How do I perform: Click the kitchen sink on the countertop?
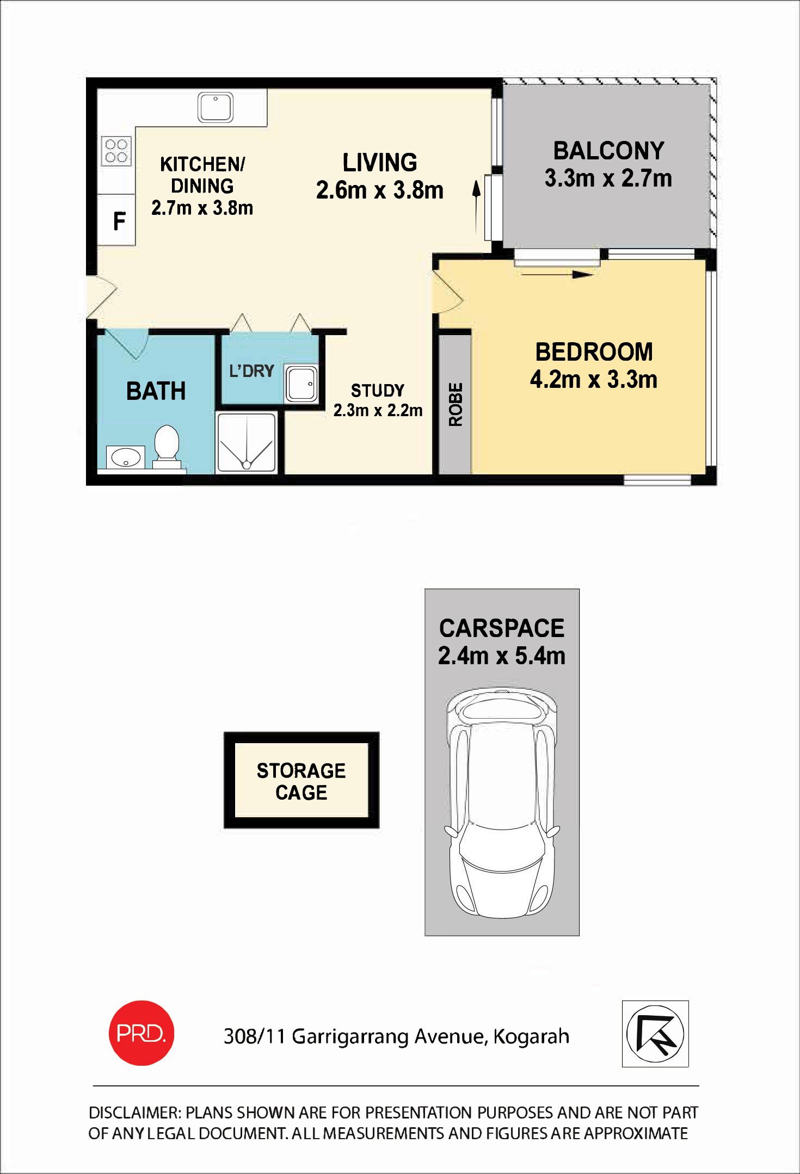[216, 107]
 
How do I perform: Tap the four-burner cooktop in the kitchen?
[116, 151]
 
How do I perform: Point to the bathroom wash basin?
[126, 457]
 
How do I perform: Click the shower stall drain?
[247, 465]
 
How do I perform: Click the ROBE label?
[456, 404]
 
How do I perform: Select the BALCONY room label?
[608, 151]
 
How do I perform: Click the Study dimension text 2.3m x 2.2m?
[378, 410]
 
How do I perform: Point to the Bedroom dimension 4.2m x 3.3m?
[594, 379]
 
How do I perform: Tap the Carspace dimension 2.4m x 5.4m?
[502, 656]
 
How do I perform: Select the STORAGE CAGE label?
[301, 781]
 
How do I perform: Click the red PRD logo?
[141, 1033]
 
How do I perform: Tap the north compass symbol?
[655, 1034]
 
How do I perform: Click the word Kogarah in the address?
[531, 1037]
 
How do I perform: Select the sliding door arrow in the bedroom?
[557, 274]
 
